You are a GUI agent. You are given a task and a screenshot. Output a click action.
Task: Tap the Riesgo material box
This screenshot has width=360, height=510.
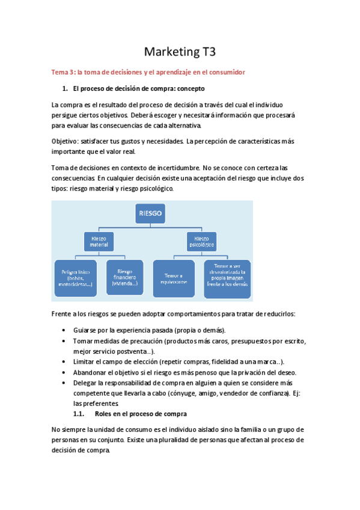point(99,241)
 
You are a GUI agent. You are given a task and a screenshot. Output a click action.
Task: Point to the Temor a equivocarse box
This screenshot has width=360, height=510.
point(174,277)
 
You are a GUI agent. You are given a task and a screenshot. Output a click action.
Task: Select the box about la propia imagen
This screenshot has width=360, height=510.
point(227,277)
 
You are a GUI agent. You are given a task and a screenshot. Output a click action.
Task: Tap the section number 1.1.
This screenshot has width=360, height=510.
point(78,414)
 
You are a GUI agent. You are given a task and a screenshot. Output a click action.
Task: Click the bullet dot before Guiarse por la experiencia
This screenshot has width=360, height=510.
point(64,331)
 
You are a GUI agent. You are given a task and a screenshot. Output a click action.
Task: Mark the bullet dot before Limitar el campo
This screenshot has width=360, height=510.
point(64,362)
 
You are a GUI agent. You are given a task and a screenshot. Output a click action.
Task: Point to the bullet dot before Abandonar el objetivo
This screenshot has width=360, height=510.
point(64,372)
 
